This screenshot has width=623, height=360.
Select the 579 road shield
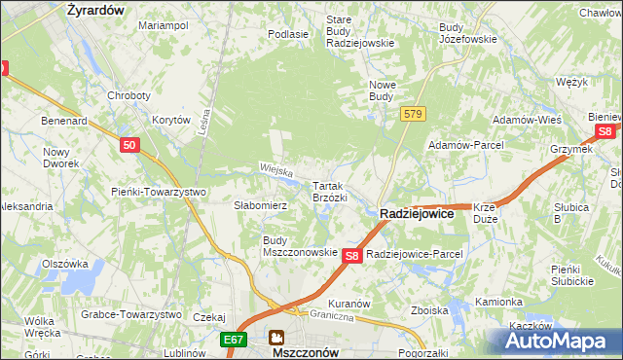coord(413,115)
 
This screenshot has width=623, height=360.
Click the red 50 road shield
coord(130,145)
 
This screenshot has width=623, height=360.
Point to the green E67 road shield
coord(232,340)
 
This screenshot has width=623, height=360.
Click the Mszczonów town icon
coord(277,338)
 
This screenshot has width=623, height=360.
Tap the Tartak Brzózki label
coord(329,191)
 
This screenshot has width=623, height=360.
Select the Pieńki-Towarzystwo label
coord(159,192)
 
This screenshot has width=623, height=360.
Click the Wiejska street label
coord(276,169)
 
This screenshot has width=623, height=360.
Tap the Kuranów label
coord(348,304)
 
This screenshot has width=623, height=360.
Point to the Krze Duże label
coord(485,213)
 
